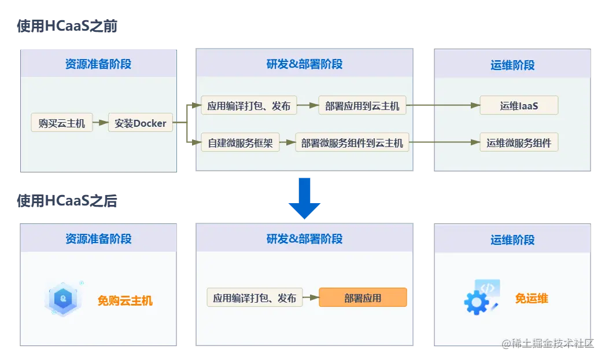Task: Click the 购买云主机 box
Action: (x=62, y=123)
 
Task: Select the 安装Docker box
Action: (x=141, y=123)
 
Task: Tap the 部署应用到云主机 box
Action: (x=362, y=106)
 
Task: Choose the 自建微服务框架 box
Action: (x=240, y=143)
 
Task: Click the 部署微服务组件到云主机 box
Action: (x=352, y=143)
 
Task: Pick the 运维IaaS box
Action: (x=519, y=106)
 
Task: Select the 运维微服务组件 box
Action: (x=519, y=143)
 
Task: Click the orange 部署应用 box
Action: (x=363, y=298)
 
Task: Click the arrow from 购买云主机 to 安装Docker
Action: (x=101, y=123)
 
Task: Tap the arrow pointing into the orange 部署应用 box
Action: (x=311, y=298)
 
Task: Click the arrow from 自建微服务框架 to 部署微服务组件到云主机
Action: (x=287, y=143)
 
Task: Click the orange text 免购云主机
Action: (x=125, y=300)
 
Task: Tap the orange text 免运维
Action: (x=532, y=299)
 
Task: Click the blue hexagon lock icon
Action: (x=62, y=299)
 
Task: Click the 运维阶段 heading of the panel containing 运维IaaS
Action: (x=512, y=65)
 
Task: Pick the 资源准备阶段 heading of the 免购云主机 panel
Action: (x=98, y=238)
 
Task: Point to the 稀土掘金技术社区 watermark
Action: (x=549, y=343)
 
